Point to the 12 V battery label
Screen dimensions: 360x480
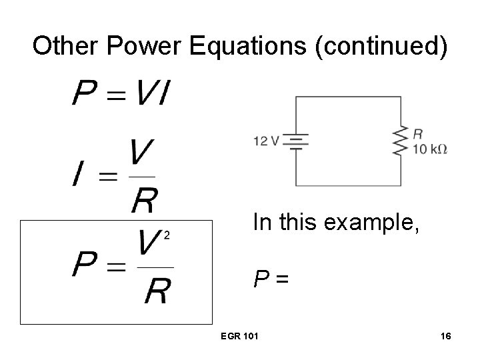point(267,141)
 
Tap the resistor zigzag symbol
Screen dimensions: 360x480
point(401,141)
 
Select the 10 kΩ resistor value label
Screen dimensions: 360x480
point(430,149)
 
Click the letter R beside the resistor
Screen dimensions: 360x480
point(418,133)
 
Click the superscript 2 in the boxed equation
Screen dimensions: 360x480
point(167,234)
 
